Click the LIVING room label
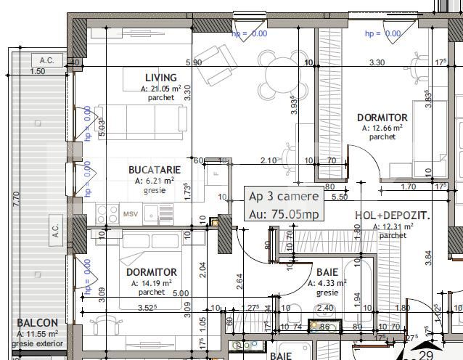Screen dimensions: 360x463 click(160, 78)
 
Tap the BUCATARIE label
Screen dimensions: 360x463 click(154, 169)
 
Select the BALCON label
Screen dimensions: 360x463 click(38, 323)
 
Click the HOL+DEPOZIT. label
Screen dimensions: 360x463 click(393, 216)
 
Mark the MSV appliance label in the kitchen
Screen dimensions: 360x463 click(130, 214)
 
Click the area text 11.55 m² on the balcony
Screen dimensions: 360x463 click(38, 334)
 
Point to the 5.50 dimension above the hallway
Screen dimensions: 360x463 click(339, 196)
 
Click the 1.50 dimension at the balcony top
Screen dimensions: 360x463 click(37, 72)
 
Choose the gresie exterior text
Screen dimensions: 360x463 click(38, 344)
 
